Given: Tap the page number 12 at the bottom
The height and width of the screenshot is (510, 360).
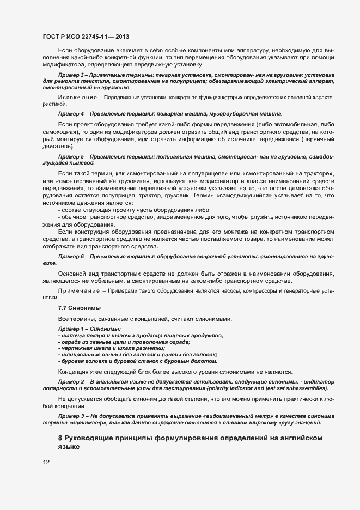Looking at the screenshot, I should (46, 462).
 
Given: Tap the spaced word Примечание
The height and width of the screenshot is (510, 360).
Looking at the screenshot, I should (76, 292).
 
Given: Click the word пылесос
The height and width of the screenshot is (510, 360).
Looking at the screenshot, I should (83, 163).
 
